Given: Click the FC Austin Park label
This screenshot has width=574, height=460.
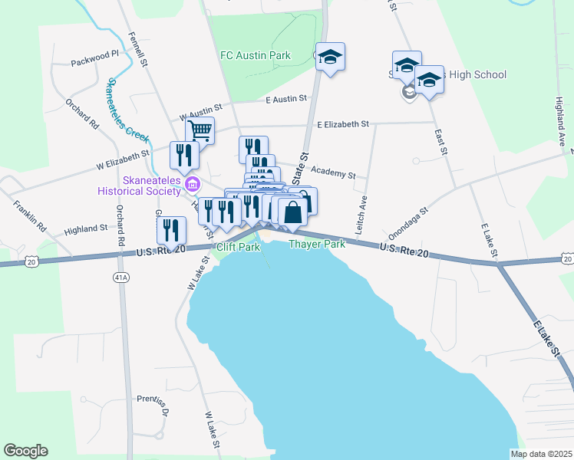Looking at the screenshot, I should click(255, 55).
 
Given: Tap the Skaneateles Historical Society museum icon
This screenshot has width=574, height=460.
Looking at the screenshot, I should click(193, 183).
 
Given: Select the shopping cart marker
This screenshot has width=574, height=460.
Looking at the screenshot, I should click(200, 130).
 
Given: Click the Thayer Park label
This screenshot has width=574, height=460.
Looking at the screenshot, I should click(317, 245).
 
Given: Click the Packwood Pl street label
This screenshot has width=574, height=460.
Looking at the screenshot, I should click(95, 54).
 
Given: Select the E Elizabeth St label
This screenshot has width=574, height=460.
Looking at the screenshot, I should click(343, 123).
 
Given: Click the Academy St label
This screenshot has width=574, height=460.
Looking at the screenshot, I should click(335, 174).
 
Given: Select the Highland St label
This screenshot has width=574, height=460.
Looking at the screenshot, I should click(86, 228).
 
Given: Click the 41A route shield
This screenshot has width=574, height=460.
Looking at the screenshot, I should click(120, 276).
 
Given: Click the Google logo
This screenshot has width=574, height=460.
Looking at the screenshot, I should click(25, 451).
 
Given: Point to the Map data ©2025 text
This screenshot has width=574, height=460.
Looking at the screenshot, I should click(541, 454).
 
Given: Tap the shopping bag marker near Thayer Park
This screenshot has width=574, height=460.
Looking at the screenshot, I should click(292, 211).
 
